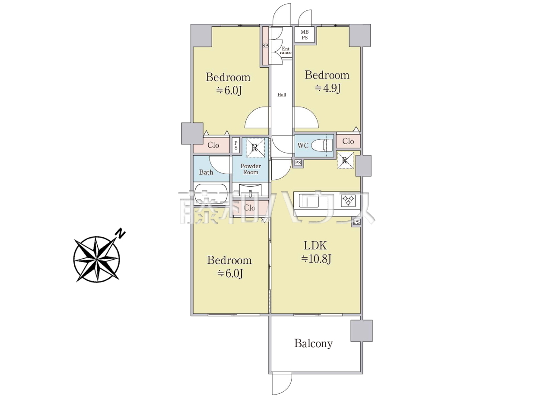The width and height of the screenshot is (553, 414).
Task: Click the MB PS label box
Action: [x=304, y=34]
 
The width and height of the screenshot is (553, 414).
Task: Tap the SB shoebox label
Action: [x=265, y=46]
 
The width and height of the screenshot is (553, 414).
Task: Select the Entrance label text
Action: [x=286, y=50]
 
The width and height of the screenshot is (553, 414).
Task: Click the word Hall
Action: [x=282, y=95]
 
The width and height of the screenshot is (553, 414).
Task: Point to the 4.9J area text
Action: [x=328, y=88]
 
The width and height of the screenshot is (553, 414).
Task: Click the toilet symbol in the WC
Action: [x=322, y=145]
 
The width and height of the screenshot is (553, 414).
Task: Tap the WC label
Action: [x=303, y=145]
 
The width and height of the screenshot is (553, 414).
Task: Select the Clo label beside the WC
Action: [x=348, y=141]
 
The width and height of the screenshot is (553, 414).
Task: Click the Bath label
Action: [x=206, y=172]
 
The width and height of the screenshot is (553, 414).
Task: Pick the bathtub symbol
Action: [x=211, y=194]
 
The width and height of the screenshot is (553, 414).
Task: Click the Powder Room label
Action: [x=251, y=169]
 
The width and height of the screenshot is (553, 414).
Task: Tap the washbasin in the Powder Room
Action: [x=250, y=191]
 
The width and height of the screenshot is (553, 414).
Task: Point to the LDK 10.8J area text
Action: [x=316, y=252]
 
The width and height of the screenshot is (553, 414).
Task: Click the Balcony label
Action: [x=314, y=343]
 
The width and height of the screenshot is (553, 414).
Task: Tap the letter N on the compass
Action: [x=121, y=234]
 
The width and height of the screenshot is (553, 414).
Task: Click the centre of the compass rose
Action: [x=96, y=259]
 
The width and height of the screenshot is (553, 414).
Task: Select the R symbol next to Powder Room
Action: [x=255, y=147]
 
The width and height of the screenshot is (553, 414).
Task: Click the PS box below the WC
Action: [x=298, y=163]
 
